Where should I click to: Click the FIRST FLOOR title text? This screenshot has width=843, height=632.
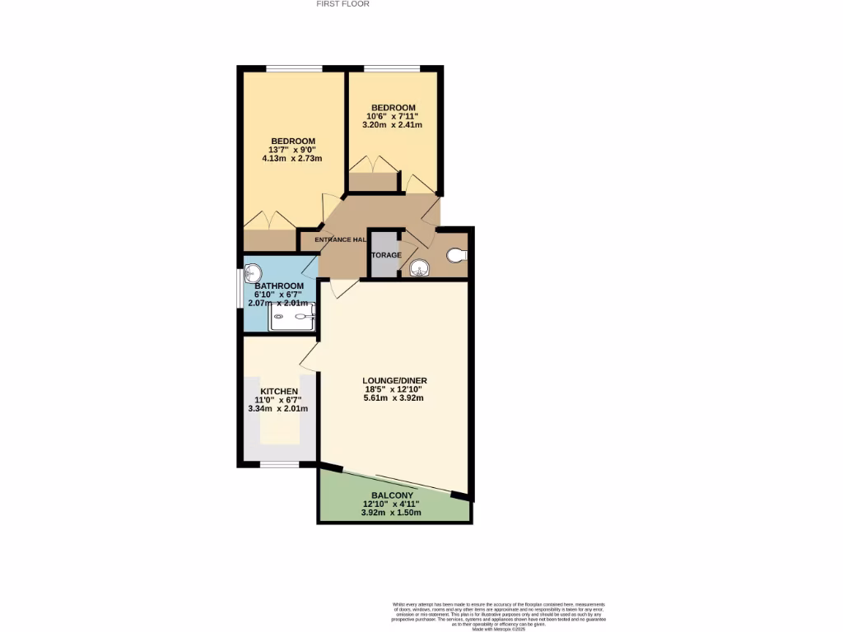coord(343,4)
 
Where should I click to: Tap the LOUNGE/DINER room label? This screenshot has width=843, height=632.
coord(395,380)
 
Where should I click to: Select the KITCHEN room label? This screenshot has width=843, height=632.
coord(279,391)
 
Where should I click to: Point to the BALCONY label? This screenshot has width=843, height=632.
coord(392,495)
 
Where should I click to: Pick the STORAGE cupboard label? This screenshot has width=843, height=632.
coord(385,255)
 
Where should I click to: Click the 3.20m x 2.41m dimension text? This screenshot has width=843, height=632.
coord(393,125)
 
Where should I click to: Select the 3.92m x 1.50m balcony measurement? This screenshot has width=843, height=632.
coord(392,513)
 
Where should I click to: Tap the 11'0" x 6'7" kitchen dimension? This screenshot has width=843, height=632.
coord(279,400)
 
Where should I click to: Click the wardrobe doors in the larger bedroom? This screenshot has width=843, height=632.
coord(269,221)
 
